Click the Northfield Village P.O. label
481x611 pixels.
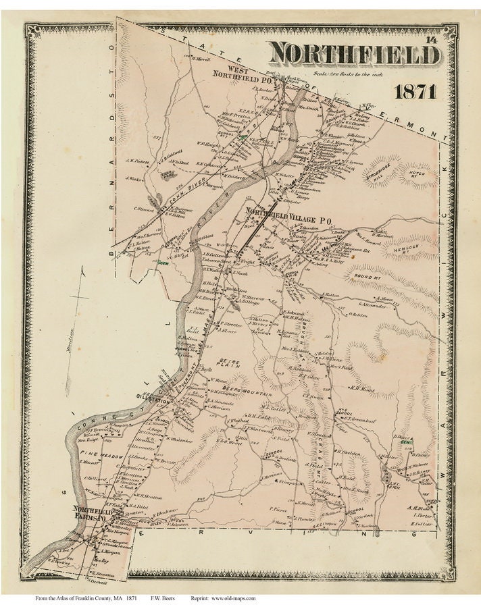[288, 217]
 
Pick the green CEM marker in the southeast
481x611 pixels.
[405, 444]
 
